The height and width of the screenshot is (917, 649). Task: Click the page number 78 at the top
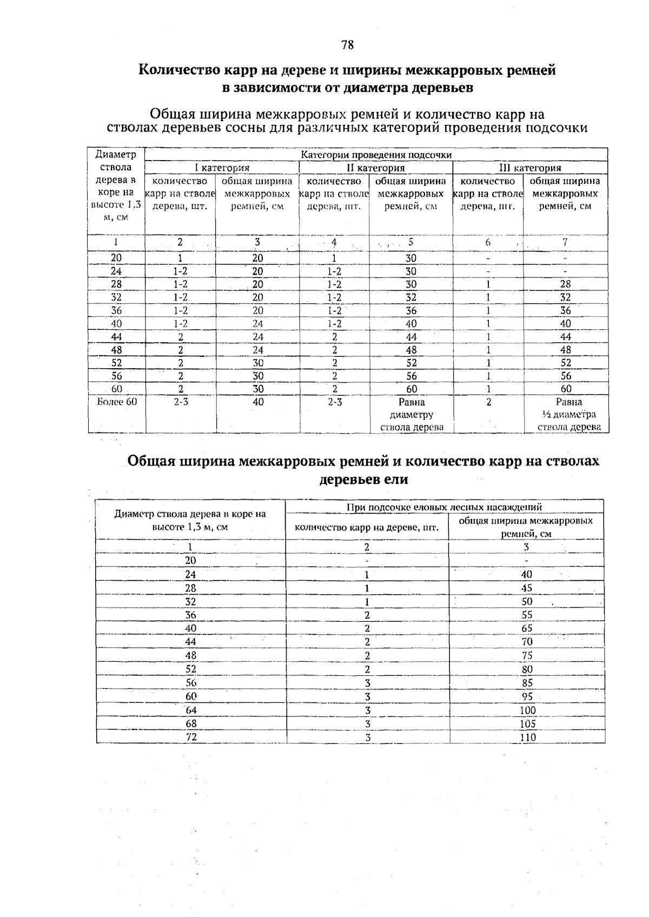pyautogui.click(x=348, y=45)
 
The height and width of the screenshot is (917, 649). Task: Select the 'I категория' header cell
pyautogui.click(x=222, y=168)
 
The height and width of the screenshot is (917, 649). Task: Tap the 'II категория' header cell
pyautogui.click(x=375, y=168)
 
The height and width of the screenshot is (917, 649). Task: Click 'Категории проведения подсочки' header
pyautogui.click(x=376, y=155)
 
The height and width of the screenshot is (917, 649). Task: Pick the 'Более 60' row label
pyautogui.click(x=117, y=402)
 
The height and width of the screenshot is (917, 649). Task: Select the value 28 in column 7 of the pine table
pyautogui.click(x=566, y=284)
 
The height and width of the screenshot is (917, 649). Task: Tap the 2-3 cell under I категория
pyautogui.click(x=180, y=402)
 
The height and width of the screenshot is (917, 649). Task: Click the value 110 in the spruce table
pyautogui.click(x=527, y=737)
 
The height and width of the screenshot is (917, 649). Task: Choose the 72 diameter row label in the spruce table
pyautogui.click(x=191, y=737)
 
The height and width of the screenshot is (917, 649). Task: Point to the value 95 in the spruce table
pyautogui.click(x=527, y=696)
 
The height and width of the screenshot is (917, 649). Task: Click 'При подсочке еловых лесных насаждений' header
pyautogui.click(x=445, y=507)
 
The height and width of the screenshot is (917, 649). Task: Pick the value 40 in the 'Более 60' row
pyautogui.click(x=258, y=402)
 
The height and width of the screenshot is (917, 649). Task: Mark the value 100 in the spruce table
pyautogui.click(x=527, y=710)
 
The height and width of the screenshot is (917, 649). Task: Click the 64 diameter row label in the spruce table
pyautogui.click(x=191, y=710)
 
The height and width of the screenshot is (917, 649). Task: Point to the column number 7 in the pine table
pyautogui.click(x=565, y=243)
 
